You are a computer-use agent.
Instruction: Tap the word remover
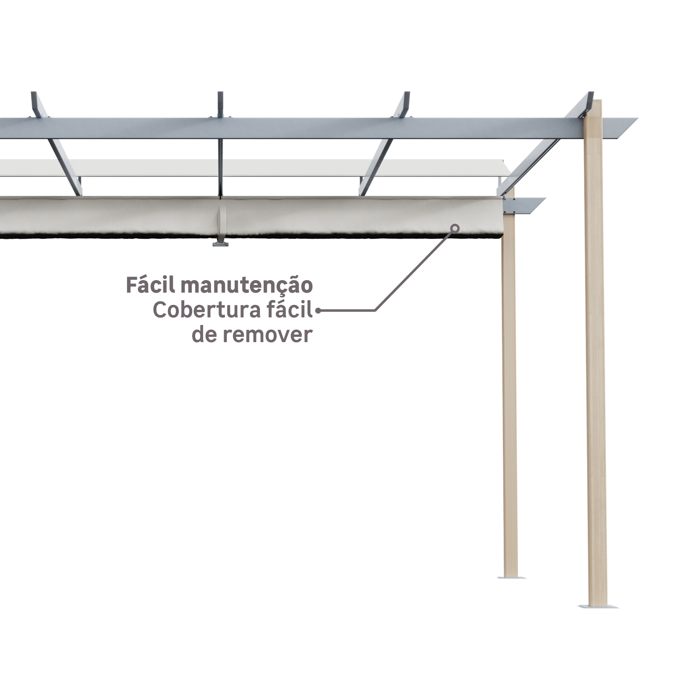pyautogui.click(x=268, y=335)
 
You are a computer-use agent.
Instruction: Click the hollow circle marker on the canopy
pyautogui.click(x=455, y=228)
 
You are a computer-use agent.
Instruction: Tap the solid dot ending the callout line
pyautogui.click(x=318, y=311)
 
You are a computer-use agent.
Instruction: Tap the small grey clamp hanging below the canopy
pyautogui.click(x=220, y=244)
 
